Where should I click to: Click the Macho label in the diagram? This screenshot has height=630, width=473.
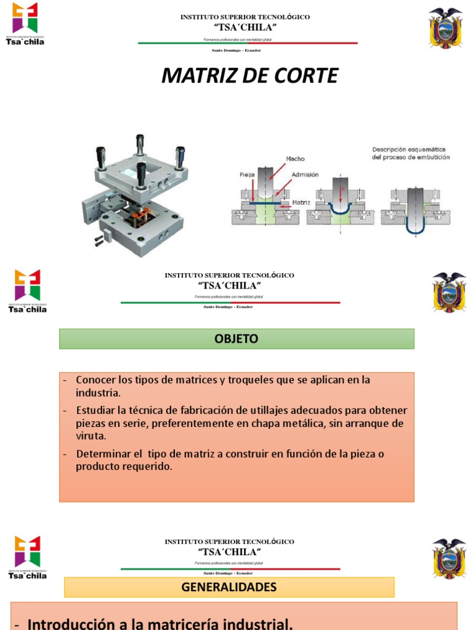tap(295, 159)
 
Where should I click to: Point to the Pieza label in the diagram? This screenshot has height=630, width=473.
tap(247, 174)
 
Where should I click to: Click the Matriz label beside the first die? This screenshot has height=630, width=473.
tap(301, 201)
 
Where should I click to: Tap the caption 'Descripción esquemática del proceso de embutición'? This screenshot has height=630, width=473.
tap(410, 153)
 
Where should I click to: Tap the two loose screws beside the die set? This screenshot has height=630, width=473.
tap(99, 241)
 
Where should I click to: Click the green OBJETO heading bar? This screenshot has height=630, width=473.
tap(236, 339)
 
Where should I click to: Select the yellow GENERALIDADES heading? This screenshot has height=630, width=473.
tap(229, 587)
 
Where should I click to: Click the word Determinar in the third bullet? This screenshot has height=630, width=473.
tap(103, 454)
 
